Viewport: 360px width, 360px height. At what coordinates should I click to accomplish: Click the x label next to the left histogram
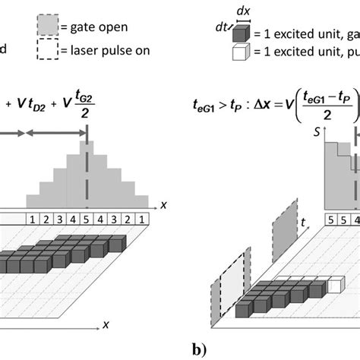tap(163, 204)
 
